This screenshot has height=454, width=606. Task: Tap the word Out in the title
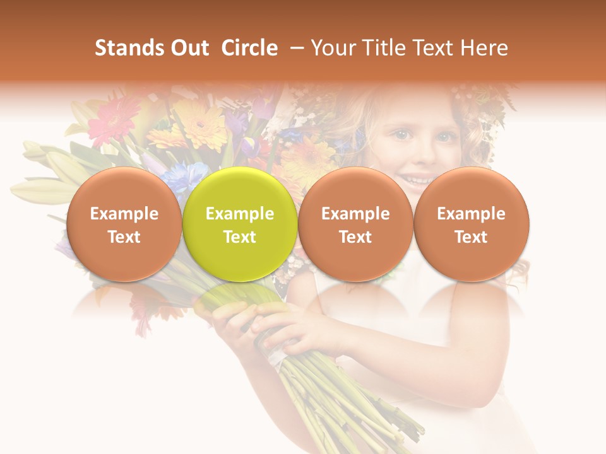coord(188,49)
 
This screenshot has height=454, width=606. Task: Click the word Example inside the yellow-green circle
coord(240,214)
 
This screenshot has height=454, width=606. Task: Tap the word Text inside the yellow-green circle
coord(240,237)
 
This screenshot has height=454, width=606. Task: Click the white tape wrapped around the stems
coord(276,356)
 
